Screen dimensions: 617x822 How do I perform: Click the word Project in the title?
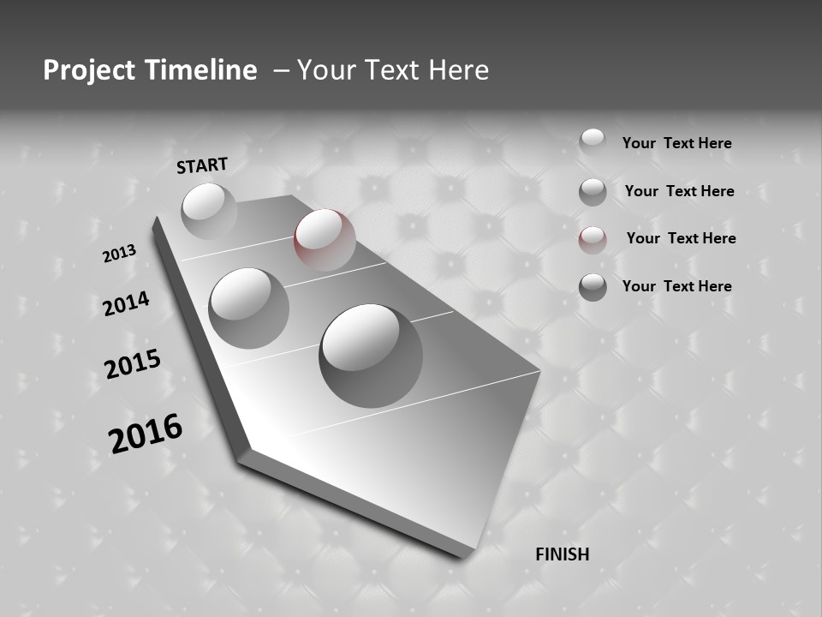click(x=87, y=70)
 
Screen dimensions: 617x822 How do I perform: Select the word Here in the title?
click(x=457, y=70)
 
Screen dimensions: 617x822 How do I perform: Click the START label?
click(x=202, y=165)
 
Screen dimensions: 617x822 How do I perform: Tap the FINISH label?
click(x=562, y=554)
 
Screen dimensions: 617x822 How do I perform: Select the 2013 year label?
click(x=119, y=254)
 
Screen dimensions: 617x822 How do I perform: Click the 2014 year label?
click(x=126, y=303)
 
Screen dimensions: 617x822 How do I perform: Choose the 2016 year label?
click(x=146, y=434)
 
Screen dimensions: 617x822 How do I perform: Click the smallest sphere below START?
click(x=209, y=211)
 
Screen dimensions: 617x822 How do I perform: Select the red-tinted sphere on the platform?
click(x=325, y=240)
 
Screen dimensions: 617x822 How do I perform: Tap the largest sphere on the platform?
click(x=371, y=355)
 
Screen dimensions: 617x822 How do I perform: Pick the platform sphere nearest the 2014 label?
click(x=248, y=308)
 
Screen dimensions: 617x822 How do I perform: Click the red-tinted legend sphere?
click(x=593, y=240)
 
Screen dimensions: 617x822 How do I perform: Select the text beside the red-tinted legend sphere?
click(x=681, y=238)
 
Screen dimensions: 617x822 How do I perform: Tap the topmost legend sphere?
click(x=593, y=141)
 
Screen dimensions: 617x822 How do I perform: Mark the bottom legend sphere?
click(x=593, y=287)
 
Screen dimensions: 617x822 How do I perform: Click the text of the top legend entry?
click(x=676, y=143)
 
